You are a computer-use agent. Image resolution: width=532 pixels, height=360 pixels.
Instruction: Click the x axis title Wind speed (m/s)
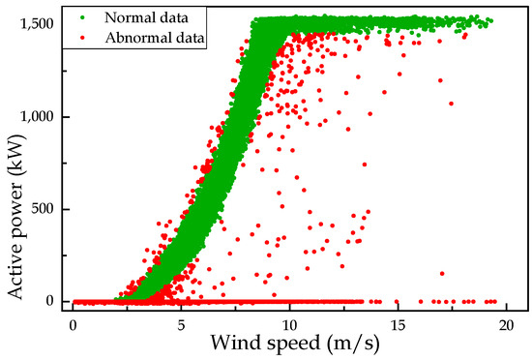[289, 344]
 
